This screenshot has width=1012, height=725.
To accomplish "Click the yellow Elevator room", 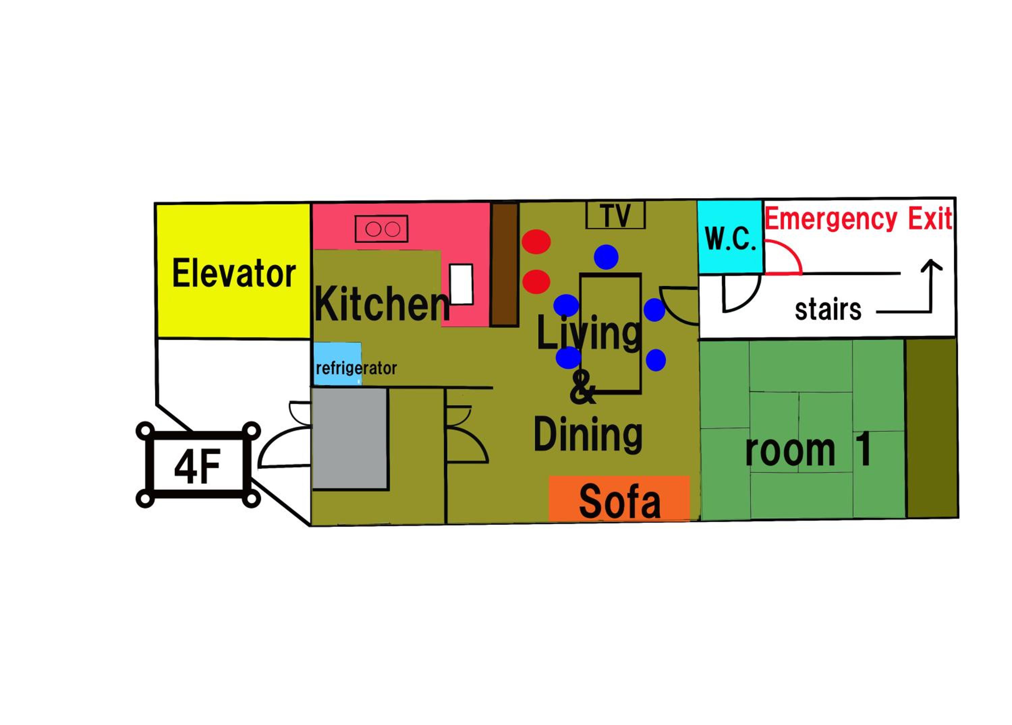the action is pos(233,271).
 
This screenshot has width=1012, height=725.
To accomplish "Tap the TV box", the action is pos(615,215).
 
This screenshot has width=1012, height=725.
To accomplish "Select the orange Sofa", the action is pos(619,498).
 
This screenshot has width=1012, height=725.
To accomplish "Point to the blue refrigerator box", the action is pos(337,364).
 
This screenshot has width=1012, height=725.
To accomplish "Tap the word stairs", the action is pos(828,310).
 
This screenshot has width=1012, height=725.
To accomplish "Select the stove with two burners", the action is pos(382,229).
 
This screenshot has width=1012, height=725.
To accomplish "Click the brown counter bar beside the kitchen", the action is pos(505,265).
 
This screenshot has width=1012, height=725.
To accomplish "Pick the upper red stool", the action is pos(536,242).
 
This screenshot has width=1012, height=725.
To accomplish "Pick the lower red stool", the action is pos(536,282).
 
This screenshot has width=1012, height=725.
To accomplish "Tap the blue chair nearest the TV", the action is pos(606,257).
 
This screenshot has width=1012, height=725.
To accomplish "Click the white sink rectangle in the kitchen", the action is pos(461,284).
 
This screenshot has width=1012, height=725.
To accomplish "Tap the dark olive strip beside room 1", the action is pos(932,428).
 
